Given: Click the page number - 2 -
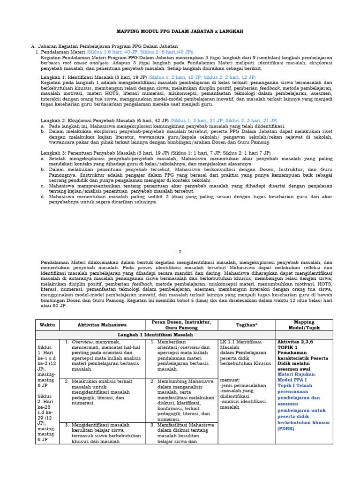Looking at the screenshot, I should [x=180, y=252].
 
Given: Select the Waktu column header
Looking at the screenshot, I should [x=47, y=325].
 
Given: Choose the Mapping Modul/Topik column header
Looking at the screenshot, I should [x=304, y=325].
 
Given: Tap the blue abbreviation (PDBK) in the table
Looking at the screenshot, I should [x=287, y=428].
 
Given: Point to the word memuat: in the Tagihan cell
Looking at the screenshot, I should [x=230, y=380].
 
